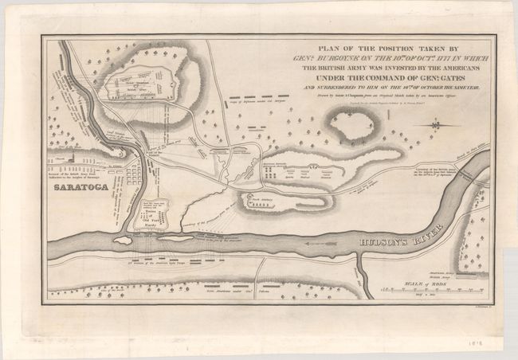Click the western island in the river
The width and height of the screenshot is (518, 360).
(x=124, y=238)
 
